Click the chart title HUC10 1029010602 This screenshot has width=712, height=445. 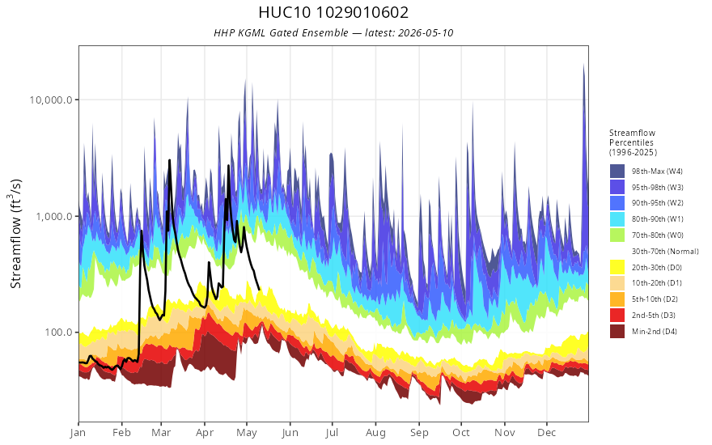coord(333,12)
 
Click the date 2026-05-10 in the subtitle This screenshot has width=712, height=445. coord(426,33)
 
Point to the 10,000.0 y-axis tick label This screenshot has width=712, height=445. coord(51,100)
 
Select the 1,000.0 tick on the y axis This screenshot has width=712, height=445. coord(54,217)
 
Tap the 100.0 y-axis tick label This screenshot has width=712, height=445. coord(58,333)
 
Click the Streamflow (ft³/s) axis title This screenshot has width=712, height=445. coord(15,233)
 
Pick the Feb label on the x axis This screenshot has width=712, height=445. coord(121,433)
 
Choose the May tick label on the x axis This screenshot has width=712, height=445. coord(247,433)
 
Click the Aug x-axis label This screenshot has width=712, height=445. coord(375,433)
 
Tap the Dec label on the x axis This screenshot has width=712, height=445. coord(547,433)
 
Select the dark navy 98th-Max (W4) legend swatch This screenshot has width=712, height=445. coord(617,172)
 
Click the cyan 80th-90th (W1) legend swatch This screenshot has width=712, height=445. coord(617,219)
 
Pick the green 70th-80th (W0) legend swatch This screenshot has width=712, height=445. coord(617,235)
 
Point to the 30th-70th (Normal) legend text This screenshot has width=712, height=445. coord(665,251)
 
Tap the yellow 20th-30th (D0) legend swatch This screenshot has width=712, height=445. coord(617,268)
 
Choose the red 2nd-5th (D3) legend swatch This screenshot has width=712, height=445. coord(617,315)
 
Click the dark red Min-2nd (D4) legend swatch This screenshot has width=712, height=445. coord(617,332)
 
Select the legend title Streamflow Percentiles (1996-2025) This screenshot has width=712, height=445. coord(633,142)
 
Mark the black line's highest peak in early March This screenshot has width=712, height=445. coord(170,160)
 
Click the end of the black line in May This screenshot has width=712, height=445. coord(259,290)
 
